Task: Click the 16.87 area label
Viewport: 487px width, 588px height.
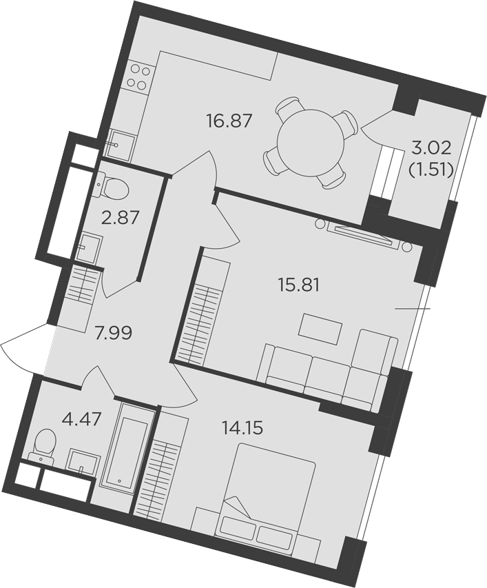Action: (228, 121)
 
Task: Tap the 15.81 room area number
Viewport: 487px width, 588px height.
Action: (298, 286)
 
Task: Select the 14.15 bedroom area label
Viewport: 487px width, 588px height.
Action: (242, 427)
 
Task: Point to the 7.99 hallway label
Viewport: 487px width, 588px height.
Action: (113, 334)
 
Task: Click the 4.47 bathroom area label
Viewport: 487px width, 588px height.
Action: (82, 419)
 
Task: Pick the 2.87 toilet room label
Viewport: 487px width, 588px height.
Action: (123, 218)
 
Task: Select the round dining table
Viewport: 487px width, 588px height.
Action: (311, 141)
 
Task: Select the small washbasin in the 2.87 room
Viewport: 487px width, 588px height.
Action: (89, 247)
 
